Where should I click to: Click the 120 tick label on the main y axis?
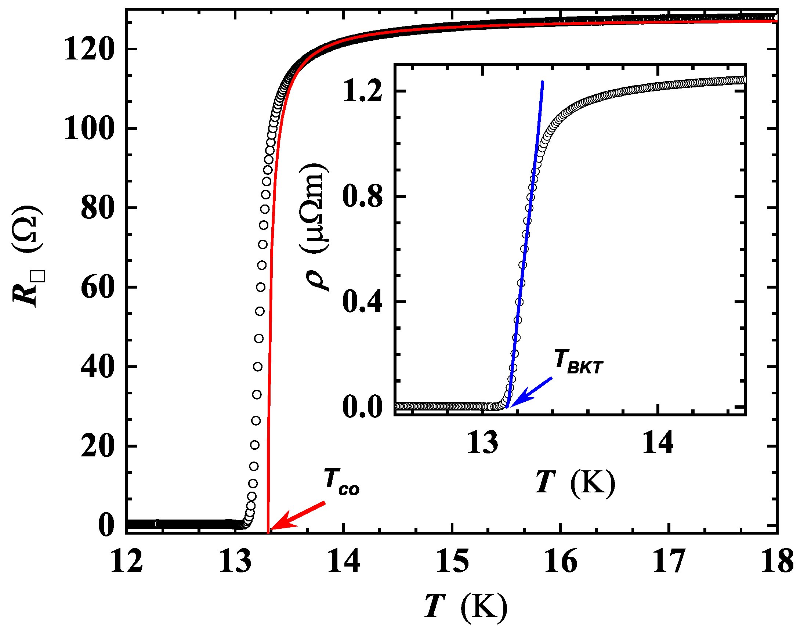point(88,50)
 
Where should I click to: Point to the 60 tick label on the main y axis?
point(97,287)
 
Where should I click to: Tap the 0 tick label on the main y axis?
point(106,525)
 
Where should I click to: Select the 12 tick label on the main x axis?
point(126,561)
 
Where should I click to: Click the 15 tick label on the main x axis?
point(452,561)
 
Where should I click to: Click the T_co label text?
point(341,482)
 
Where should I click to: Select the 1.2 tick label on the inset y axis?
point(362,91)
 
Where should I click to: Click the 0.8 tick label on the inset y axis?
point(362,196)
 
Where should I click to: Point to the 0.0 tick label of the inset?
point(362,407)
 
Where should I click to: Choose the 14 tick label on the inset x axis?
point(658,442)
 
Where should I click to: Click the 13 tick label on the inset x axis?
point(482,442)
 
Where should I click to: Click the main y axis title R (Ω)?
point(28,256)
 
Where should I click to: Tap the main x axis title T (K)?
point(466,605)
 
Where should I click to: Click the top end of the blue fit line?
point(542,82)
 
